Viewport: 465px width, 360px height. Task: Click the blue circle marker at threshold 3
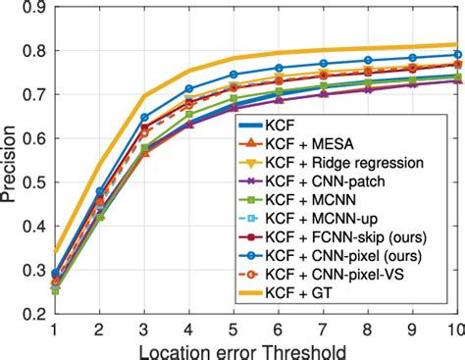tap(144, 118)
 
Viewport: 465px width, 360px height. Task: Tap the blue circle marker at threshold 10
tap(456, 55)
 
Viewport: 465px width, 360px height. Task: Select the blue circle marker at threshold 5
tap(233, 75)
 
